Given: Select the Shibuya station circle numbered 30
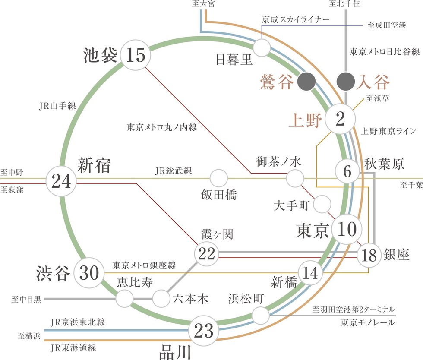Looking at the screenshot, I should tap(90, 273).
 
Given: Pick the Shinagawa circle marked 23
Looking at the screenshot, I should tap(204, 331).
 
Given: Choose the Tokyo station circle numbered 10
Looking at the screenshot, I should tap(346, 230).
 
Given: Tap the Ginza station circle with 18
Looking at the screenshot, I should tap(369, 256).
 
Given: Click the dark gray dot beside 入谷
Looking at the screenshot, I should tap(345, 80).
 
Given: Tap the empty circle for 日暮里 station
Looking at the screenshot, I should tap(262, 48).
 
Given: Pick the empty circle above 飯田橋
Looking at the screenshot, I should tap(219, 177).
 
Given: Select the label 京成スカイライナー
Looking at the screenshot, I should tap(295, 19).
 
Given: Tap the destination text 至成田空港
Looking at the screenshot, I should tap(387, 25).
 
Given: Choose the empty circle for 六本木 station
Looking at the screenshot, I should tap(161, 297).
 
